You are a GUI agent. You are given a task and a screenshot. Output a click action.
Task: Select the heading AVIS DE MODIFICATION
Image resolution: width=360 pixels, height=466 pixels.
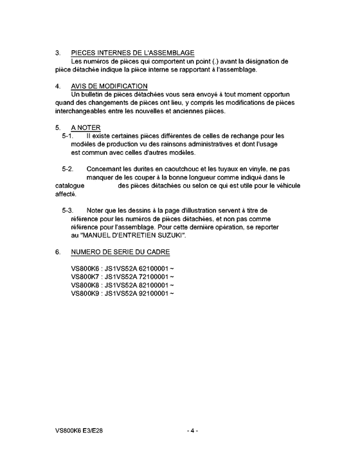(109, 86)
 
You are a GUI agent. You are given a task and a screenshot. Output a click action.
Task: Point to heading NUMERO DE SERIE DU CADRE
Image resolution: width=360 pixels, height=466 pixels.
(120, 253)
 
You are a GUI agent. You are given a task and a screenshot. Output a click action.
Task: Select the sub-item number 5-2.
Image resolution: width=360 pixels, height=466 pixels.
(68, 169)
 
